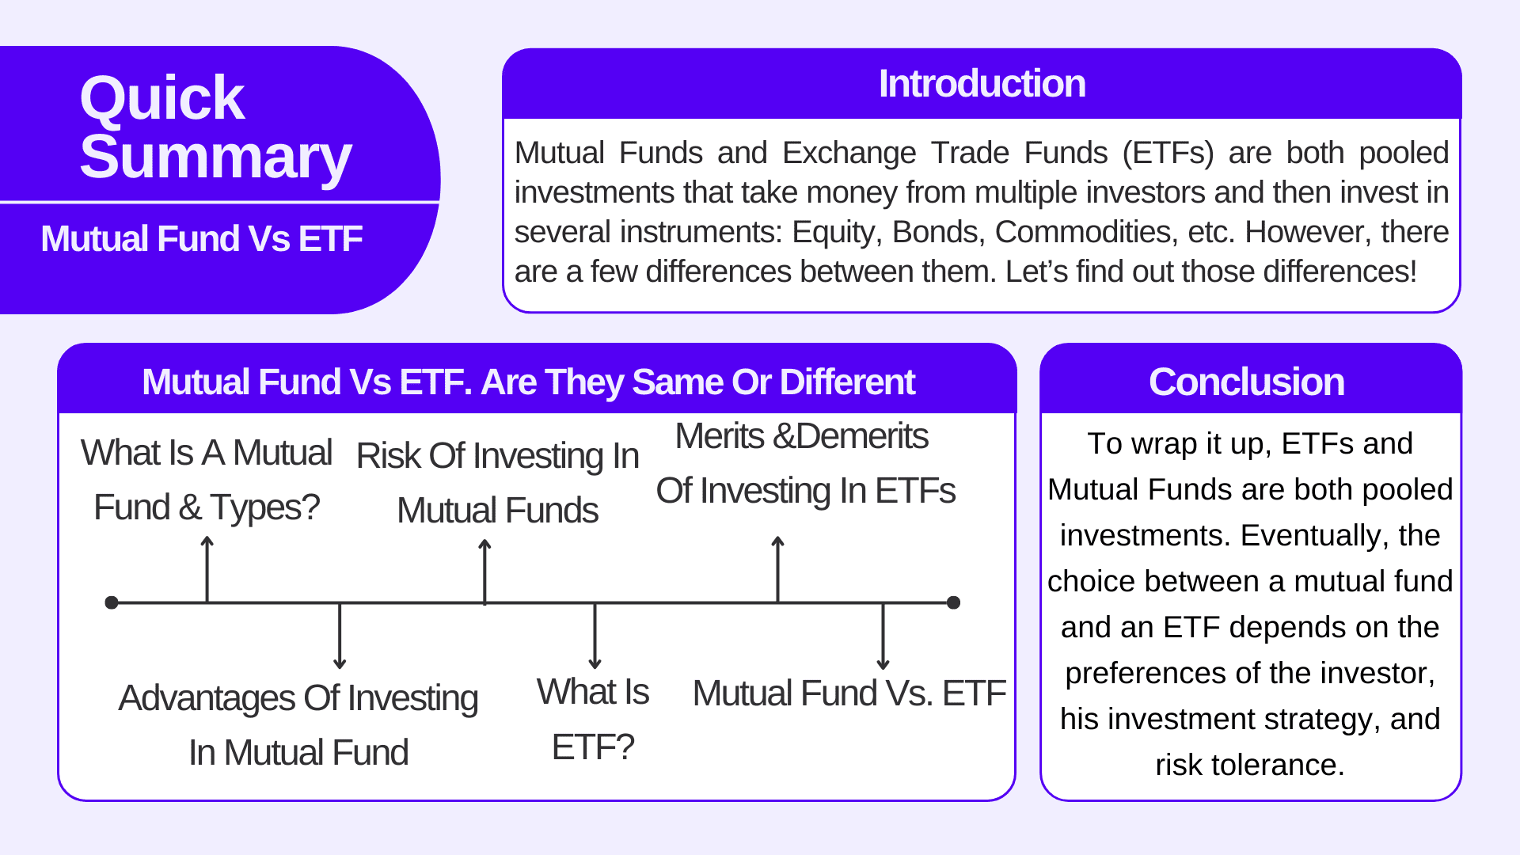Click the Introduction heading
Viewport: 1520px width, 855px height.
click(x=982, y=84)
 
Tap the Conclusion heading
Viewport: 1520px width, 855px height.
click(x=1246, y=382)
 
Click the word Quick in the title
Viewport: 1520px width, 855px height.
click(x=162, y=98)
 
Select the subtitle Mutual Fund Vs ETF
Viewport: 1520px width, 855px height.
click(x=201, y=239)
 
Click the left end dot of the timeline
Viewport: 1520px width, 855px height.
click(x=112, y=602)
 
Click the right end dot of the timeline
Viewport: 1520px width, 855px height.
click(x=953, y=602)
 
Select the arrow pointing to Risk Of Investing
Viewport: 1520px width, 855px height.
click(x=484, y=570)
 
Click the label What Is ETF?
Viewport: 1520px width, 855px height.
click(x=593, y=719)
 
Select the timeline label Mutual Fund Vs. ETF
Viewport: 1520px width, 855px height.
click(x=849, y=693)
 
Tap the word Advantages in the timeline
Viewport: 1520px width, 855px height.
click(x=207, y=698)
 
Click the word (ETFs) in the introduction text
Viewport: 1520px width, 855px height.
click(x=1168, y=153)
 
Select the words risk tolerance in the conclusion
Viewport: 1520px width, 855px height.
click(x=1249, y=765)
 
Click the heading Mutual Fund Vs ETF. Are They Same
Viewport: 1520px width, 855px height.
click(x=528, y=382)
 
